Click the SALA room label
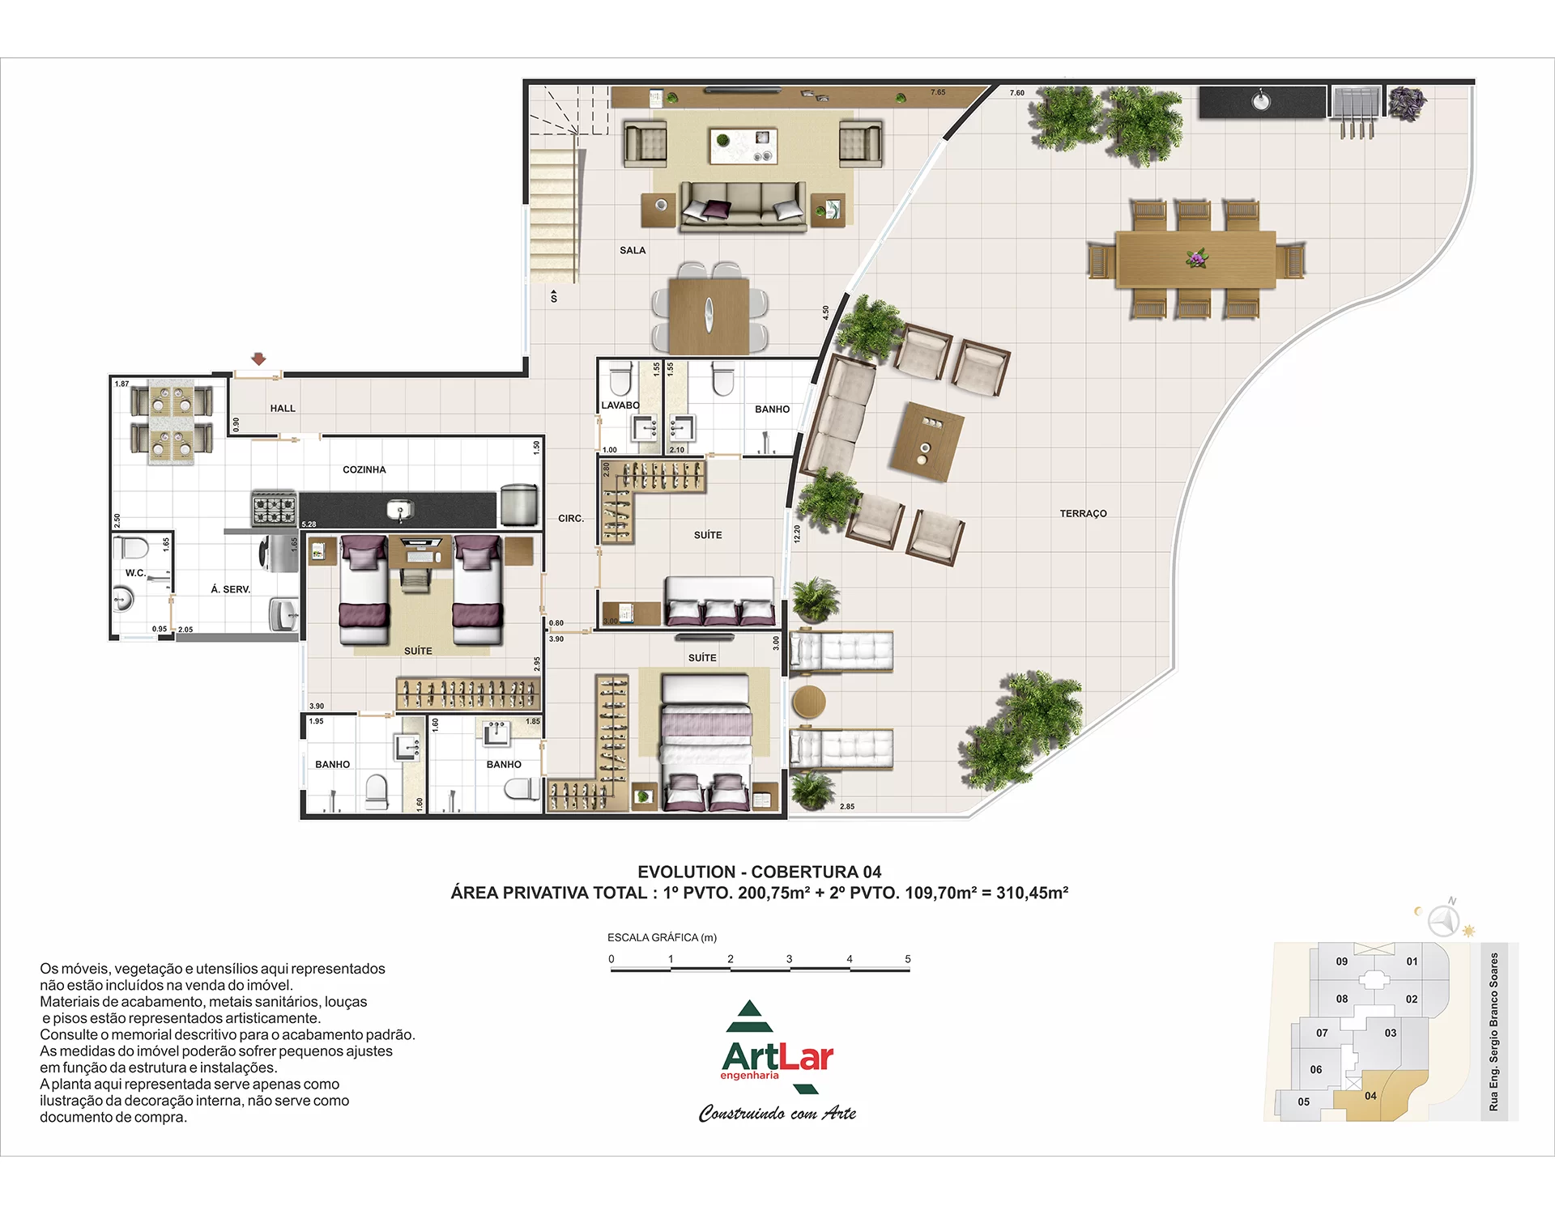633,250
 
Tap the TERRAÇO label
1083,513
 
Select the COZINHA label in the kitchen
364,469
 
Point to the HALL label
283,408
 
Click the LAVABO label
620,405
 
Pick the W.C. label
135,573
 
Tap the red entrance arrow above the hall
258,359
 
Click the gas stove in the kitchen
274,509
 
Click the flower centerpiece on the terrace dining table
1196,258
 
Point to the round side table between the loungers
808,702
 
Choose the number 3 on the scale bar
789,959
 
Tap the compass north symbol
1443,919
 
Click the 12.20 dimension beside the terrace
797,533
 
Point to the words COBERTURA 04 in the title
816,872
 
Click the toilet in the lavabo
620,377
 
